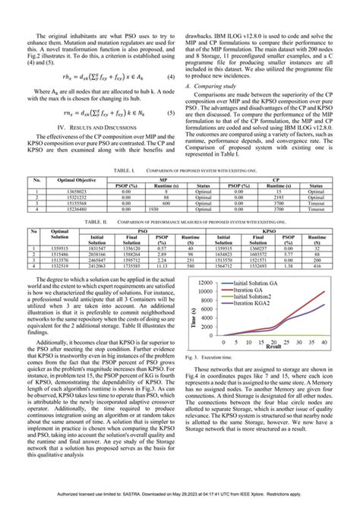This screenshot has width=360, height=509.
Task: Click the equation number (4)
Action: click(x=173, y=77)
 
